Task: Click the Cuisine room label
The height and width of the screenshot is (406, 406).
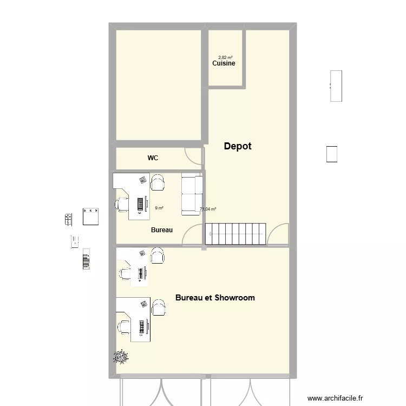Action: tap(224, 63)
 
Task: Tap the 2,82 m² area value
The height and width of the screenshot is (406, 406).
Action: tap(225, 57)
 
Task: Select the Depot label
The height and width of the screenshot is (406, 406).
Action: tap(238, 146)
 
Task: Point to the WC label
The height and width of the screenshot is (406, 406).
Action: tap(153, 158)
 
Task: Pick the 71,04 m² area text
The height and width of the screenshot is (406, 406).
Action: tap(208, 209)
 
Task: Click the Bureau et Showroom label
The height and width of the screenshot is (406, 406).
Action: tap(215, 298)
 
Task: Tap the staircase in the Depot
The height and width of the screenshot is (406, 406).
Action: tap(236, 234)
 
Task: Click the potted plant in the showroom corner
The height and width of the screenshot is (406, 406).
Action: tap(120, 356)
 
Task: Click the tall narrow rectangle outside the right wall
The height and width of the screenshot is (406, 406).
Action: tap(336, 86)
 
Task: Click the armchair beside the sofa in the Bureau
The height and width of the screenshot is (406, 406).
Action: tap(158, 182)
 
